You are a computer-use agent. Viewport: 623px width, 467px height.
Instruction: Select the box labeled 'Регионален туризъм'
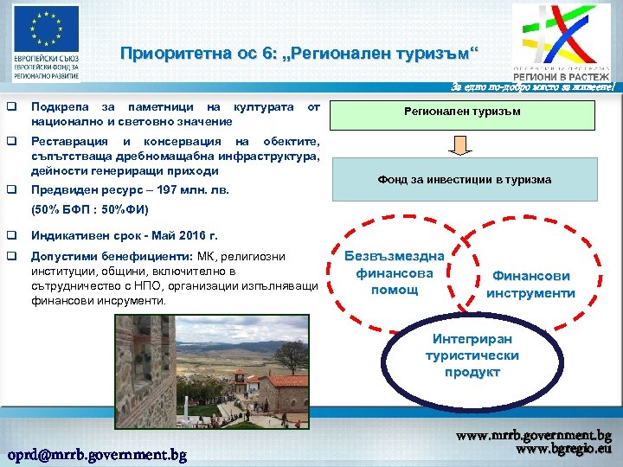pyautogui.click(x=465, y=112)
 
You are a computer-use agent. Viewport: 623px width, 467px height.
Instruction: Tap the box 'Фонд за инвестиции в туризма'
pyautogui.click(x=465, y=180)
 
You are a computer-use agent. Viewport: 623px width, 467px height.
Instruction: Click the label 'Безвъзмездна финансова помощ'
pyautogui.click(x=394, y=272)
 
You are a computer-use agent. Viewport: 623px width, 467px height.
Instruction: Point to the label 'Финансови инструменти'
pyautogui.click(x=530, y=285)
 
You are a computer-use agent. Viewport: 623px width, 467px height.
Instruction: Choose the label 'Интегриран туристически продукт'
pyautogui.click(x=472, y=355)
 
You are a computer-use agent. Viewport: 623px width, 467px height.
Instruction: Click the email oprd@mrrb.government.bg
pyautogui.click(x=97, y=454)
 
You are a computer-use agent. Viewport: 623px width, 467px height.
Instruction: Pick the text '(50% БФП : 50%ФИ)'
pyautogui.click(x=90, y=209)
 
